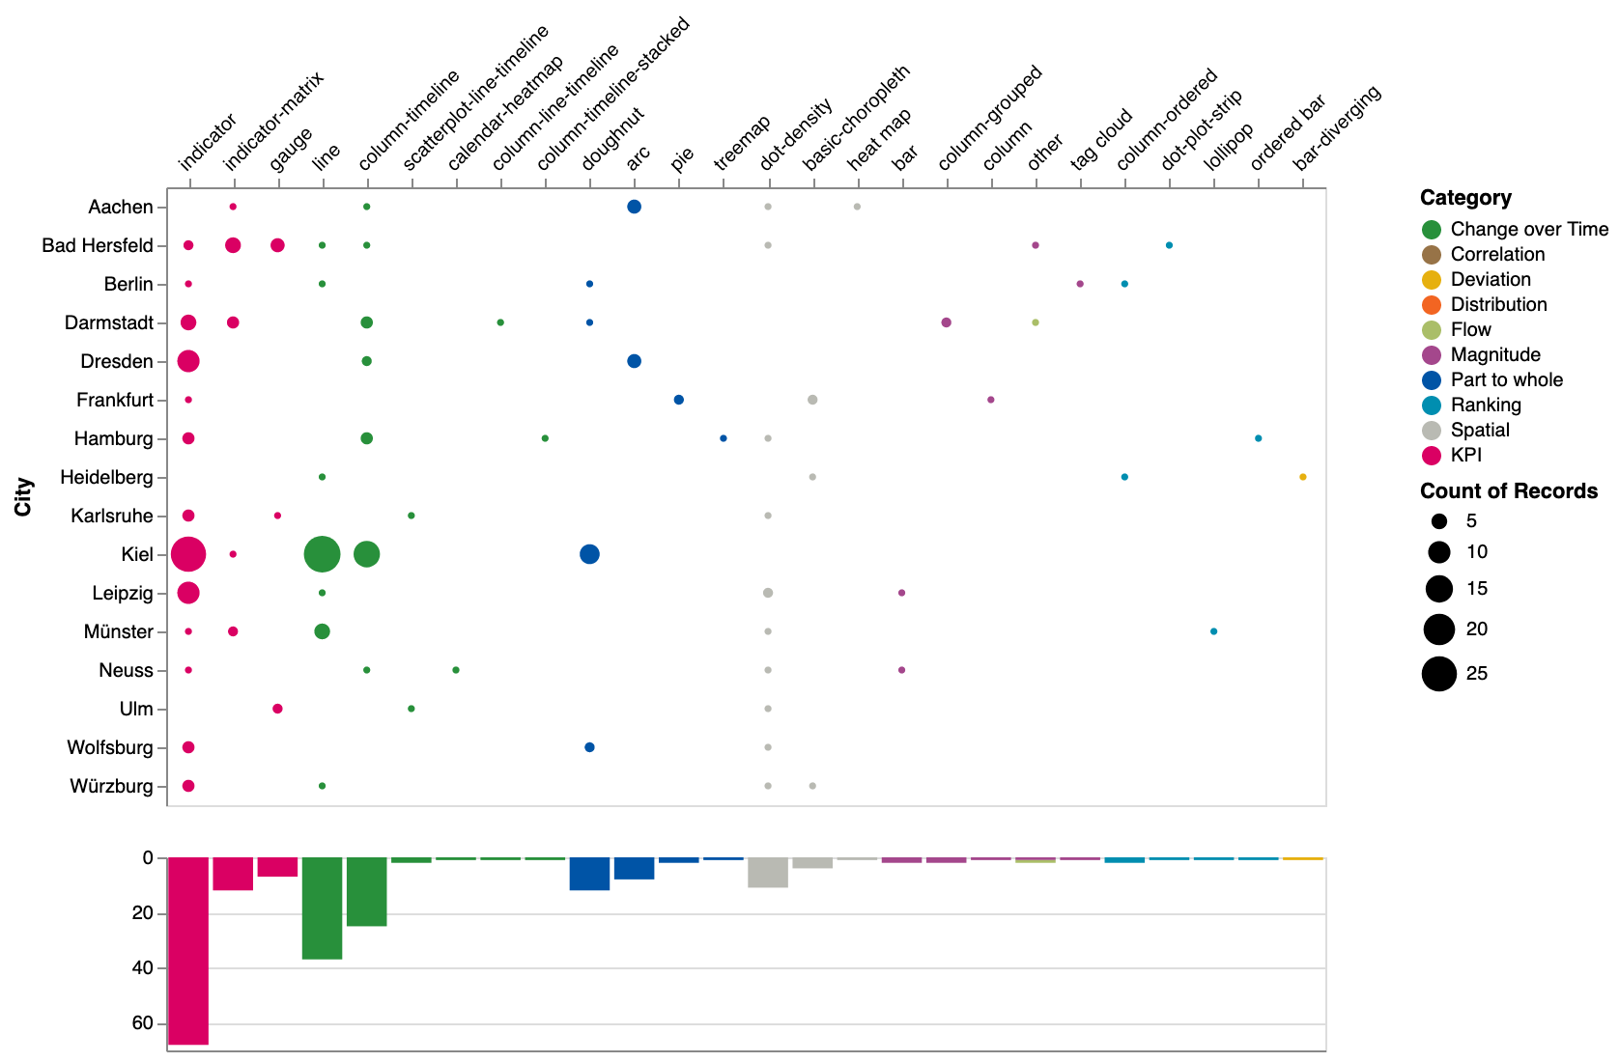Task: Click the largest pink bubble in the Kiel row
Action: click(188, 554)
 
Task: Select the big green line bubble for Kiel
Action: click(322, 554)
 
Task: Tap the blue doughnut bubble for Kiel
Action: click(589, 554)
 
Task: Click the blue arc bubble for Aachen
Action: click(634, 207)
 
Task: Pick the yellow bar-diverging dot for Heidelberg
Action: click(1303, 477)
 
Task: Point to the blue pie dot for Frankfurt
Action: click(679, 400)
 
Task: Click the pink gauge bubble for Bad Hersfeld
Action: click(277, 245)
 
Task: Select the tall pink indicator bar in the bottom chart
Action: click(188, 951)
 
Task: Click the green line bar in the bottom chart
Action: click(322, 908)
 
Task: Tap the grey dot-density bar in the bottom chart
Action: click(768, 873)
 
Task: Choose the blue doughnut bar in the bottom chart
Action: click(589, 874)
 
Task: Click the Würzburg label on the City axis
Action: click(111, 786)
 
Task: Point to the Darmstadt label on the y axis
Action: click(109, 322)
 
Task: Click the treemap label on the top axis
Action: click(742, 144)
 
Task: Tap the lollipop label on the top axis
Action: click(1229, 147)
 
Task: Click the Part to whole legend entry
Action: click(1506, 379)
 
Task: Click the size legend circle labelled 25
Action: click(1439, 673)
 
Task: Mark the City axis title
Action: click(23, 496)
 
